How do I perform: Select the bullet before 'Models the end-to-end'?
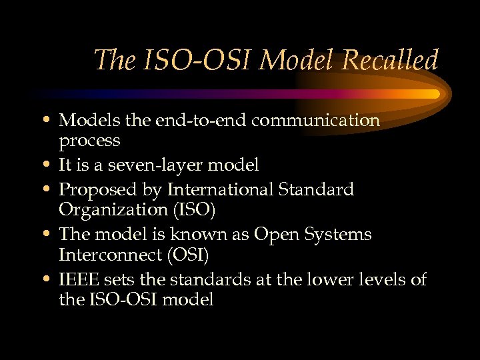click(51, 121)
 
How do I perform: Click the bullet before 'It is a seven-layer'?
click(51, 164)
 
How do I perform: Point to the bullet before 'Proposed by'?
click(51, 189)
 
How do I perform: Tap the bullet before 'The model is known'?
click(51, 234)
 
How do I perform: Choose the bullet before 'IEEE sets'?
click(51, 279)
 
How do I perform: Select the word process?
click(90, 141)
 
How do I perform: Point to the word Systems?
click(339, 234)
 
